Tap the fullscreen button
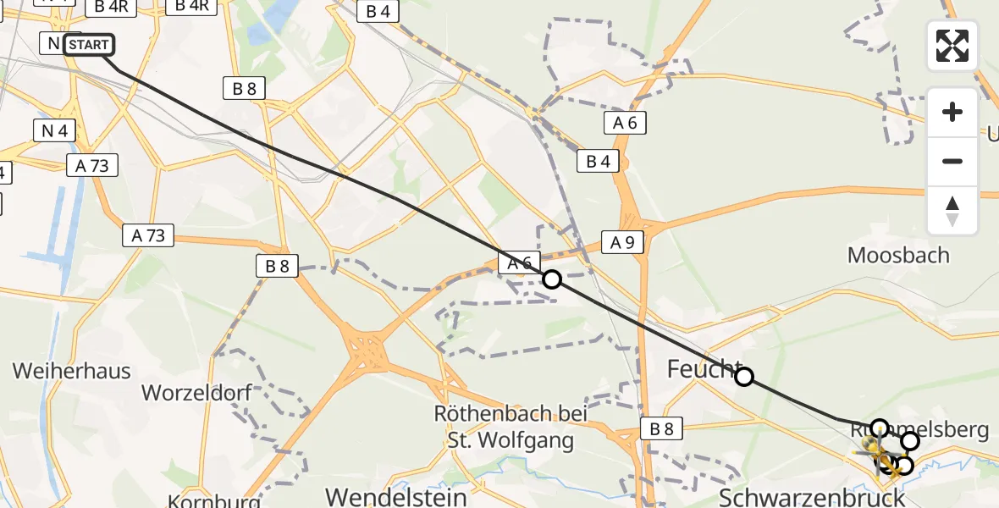[x=952, y=46]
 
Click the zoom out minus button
[x=952, y=161]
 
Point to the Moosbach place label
[x=898, y=255]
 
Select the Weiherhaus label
[x=72, y=371]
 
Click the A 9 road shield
[x=622, y=243]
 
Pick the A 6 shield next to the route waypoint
[x=519, y=263]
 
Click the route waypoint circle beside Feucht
[x=744, y=377]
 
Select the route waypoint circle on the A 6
[x=552, y=279]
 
